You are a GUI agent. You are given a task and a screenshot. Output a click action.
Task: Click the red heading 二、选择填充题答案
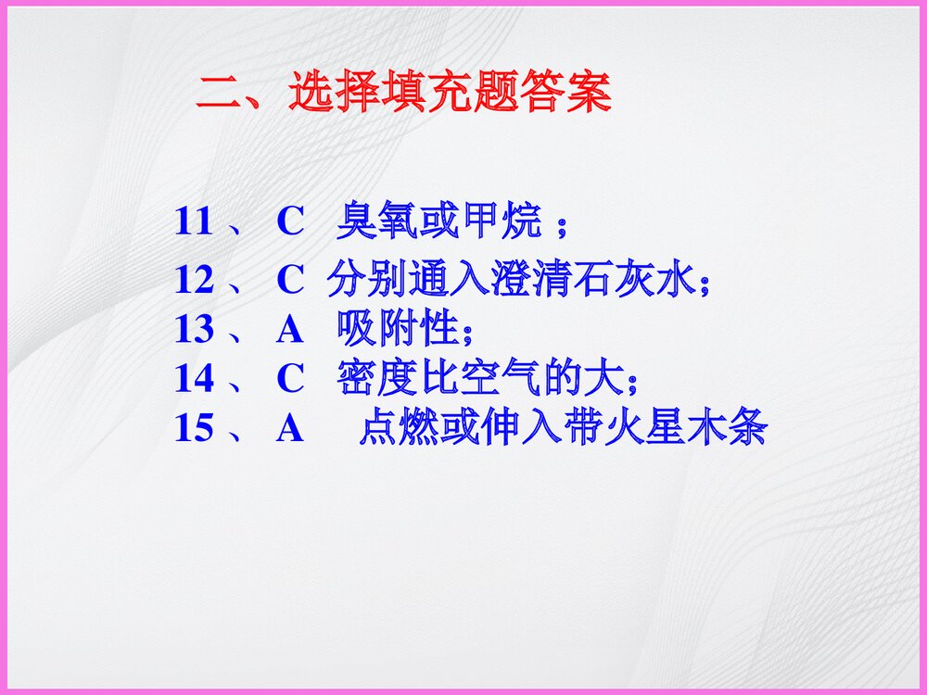pyautogui.click(x=403, y=93)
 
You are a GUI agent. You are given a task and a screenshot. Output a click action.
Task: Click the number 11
pyautogui.click(x=194, y=222)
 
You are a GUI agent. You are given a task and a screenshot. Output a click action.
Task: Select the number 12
pyautogui.click(x=194, y=281)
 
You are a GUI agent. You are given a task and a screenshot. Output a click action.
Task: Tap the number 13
pyautogui.click(x=194, y=329)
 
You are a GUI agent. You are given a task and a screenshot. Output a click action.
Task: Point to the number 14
pyautogui.click(x=194, y=378)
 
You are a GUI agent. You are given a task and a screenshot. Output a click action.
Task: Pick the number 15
pyautogui.click(x=194, y=428)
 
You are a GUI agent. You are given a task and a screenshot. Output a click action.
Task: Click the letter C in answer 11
pyautogui.click(x=290, y=222)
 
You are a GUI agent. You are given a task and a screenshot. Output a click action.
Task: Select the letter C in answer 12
pyautogui.click(x=290, y=281)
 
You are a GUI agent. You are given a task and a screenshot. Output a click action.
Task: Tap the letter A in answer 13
pyautogui.click(x=290, y=329)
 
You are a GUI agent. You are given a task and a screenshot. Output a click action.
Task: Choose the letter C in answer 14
pyautogui.click(x=290, y=378)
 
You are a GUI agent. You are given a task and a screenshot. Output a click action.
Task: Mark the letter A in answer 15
pyautogui.click(x=290, y=428)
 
